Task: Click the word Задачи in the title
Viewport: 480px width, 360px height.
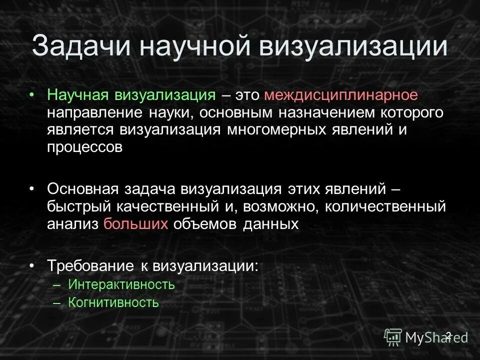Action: click(81, 46)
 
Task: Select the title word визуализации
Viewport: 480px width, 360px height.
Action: click(352, 46)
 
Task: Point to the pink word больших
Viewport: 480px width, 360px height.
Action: click(135, 223)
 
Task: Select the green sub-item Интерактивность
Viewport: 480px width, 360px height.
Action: click(121, 285)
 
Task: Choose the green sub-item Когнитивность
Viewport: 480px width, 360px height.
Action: click(113, 302)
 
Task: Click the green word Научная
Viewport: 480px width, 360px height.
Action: click(79, 95)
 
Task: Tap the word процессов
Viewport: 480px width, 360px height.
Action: click(84, 147)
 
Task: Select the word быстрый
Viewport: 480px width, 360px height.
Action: click(79, 206)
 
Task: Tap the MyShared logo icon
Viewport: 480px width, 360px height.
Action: click(393, 337)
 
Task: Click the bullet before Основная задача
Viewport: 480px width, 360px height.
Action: click(32, 189)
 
